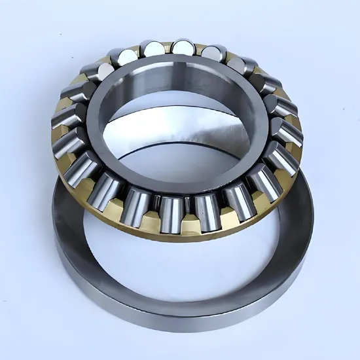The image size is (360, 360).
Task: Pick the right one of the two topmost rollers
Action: click(183, 47)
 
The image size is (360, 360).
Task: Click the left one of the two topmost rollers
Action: click(153, 48)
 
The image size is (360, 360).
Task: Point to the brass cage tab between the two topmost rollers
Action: click(168, 45)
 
